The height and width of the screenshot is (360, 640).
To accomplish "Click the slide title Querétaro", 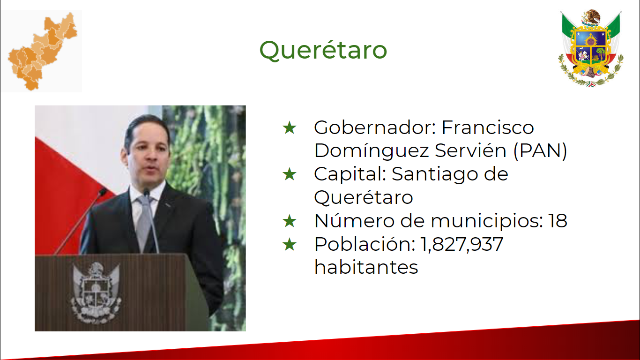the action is coord(323,51).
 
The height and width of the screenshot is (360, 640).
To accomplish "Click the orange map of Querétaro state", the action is coord(43,52).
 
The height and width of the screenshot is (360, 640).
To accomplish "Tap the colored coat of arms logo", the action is coord(591,48).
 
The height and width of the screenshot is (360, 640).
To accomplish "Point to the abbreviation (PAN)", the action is coord(540,150).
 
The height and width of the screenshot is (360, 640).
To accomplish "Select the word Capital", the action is coord(350,174).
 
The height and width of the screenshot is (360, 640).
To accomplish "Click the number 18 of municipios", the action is coord(558,221).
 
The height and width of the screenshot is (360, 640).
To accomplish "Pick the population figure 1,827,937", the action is coord(461,245).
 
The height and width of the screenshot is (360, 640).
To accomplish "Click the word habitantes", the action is coord(366,267).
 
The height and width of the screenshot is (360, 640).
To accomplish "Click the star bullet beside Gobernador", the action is coord(290,127).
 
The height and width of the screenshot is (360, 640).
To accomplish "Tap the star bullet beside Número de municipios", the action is coord(290,221).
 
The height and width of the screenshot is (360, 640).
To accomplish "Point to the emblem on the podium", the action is coord(96,293).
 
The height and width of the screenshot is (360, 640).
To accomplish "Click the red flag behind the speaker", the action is coord(68,197).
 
